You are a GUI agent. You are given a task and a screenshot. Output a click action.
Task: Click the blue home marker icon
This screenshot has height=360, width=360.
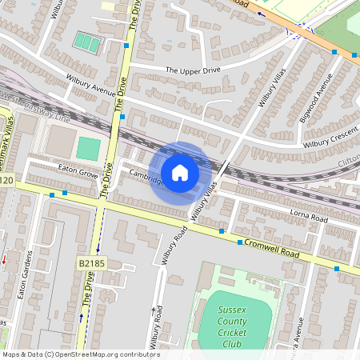point(180,172)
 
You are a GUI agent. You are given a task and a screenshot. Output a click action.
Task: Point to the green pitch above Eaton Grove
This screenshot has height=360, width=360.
point(89,148)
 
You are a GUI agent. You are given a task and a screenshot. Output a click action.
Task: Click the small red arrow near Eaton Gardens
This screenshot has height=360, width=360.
point(3,259)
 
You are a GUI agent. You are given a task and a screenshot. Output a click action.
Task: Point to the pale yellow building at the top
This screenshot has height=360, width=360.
point(108,6)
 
